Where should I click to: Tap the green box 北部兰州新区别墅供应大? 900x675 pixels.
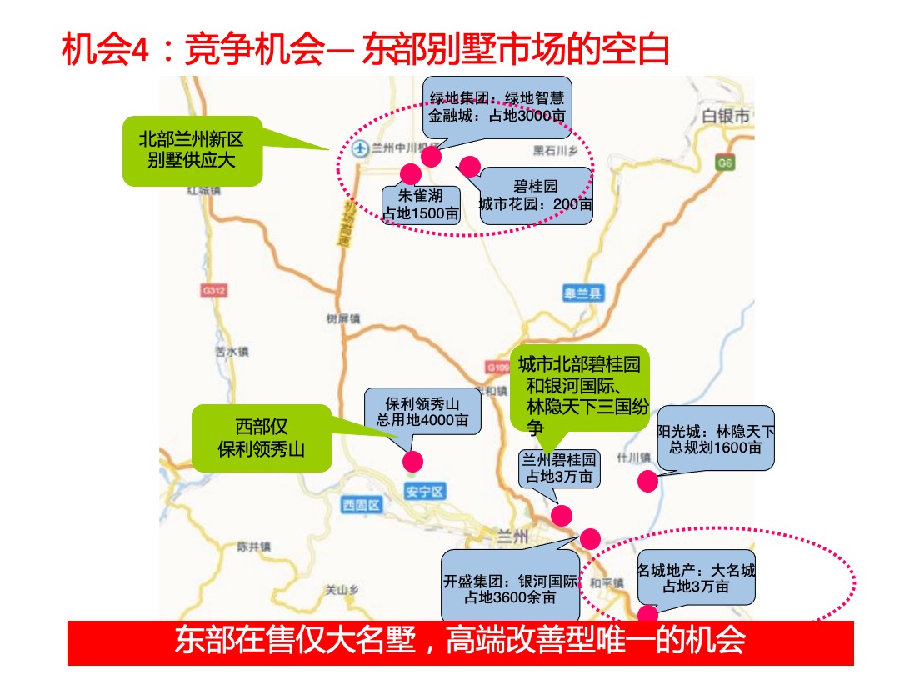click(x=192, y=149)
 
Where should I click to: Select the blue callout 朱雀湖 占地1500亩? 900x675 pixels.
click(x=421, y=205)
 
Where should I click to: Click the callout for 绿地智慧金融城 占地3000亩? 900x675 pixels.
click(x=497, y=107)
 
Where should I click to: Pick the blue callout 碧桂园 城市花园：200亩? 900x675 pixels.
click(x=536, y=195)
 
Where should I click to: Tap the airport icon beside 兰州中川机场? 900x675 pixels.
click(x=359, y=149)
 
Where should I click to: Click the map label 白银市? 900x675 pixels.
click(x=726, y=116)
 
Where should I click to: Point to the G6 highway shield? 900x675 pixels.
click(x=725, y=163)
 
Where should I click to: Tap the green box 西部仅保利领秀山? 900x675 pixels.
click(x=262, y=437)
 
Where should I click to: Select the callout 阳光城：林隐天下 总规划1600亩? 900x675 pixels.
click(x=716, y=438)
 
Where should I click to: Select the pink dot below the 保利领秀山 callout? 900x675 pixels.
click(x=412, y=461)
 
